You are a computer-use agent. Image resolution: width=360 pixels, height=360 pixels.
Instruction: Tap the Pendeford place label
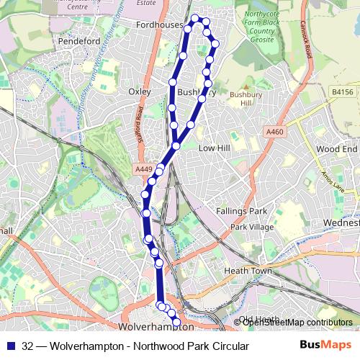pyautogui.click(x=79, y=41)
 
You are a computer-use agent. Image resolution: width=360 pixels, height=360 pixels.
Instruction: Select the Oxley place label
pyautogui.click(x=139, y=92)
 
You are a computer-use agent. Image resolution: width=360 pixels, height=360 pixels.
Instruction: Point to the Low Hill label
pyautogui.click(x=213, y=148)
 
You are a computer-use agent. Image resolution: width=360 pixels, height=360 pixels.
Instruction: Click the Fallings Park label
pyautogui.click(x=241, y=211)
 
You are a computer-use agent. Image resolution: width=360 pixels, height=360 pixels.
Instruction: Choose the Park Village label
pyautogui.click(x=252, y=228)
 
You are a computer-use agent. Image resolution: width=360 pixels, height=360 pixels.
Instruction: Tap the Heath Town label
pyautogui.click(x=247, y=271)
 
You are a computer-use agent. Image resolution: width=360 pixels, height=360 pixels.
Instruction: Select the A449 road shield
pyautogui.click(x=143, y=168)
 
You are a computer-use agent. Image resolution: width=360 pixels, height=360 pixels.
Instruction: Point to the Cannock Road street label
pyautogui.click(x=307, y=43)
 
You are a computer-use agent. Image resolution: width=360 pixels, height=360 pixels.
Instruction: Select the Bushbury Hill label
pyautogui.click(x=242, y=99)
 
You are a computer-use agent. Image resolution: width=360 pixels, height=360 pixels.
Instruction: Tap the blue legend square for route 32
pyautogui.click(x=9, y=346)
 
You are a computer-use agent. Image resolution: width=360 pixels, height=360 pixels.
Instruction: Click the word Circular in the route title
pyautogui.click(x=225, y=346)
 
